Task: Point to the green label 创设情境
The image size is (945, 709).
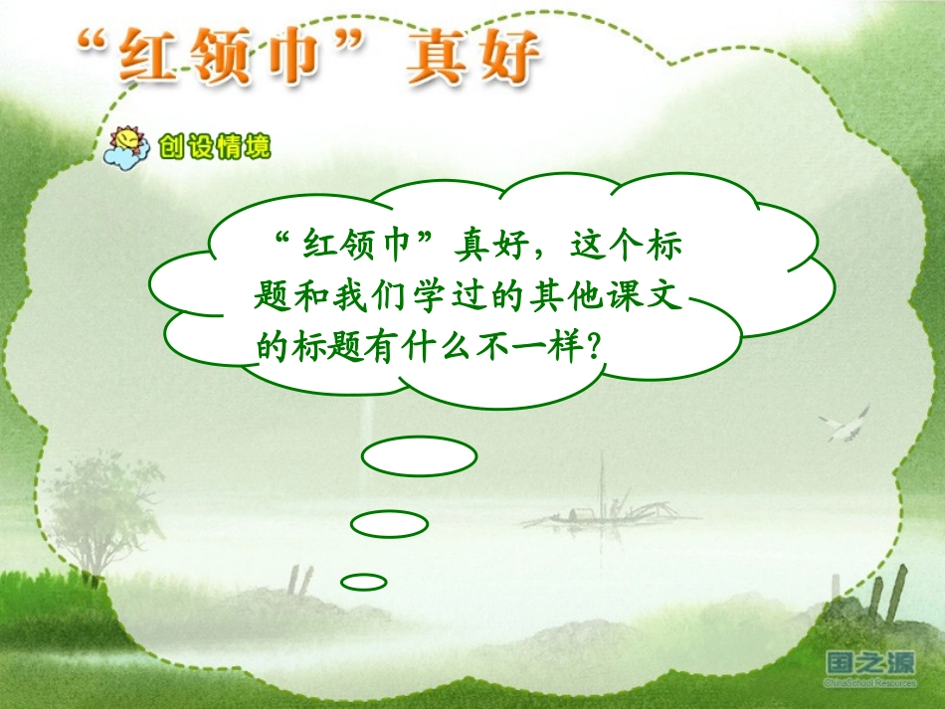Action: point(214,148)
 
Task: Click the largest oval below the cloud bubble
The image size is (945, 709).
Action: point(419,457)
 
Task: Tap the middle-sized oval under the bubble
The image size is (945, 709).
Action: point(389,523)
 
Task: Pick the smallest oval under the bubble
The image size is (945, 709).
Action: point(363,582)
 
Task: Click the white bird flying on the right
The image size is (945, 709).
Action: point(844,425)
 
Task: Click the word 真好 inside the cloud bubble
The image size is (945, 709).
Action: point(489,243)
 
